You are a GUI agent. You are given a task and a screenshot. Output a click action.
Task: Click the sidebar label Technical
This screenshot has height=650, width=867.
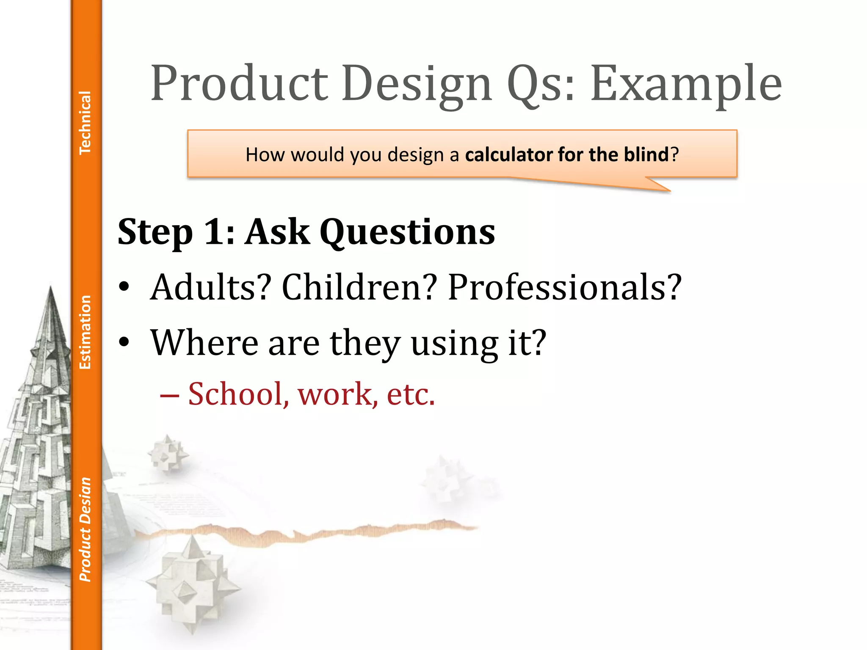pyautogui.click(x=85, y=123)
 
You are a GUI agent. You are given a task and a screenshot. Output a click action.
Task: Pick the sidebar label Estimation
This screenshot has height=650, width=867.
pyautogui.click(x=85, y=332)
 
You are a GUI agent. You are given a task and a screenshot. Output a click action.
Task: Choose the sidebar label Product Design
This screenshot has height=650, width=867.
pyautogui.click(x=85, y=529)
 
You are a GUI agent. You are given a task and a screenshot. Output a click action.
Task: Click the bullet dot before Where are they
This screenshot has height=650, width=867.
pyautogui.click(x=124, y=342)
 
